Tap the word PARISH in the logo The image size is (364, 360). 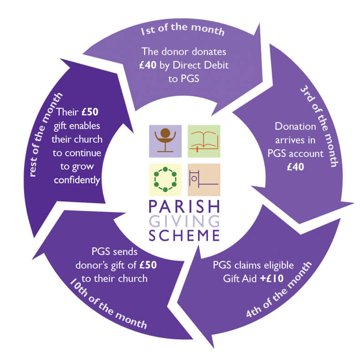click(x=185, y=207)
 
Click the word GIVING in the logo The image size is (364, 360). click(x=185, y=221)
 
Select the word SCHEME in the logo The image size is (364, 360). click(x=185, y=235)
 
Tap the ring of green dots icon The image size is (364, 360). click(x=165, y=179)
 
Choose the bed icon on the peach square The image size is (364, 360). click(x=204, y=179)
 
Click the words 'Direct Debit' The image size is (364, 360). click(x=203, y=66)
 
